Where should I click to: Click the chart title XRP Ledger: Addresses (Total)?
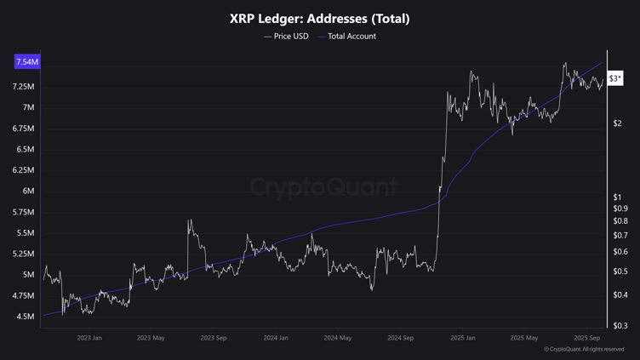(x=319, y=18)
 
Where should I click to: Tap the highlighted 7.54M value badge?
(x=27, y=62)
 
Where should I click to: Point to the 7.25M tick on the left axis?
(x=24, y=87)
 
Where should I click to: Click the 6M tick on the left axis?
(x=28, y=191)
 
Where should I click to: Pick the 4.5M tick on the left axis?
(x=25, y=317)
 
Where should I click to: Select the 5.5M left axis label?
(x=25, y=233)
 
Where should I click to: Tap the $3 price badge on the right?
(x=615, y=78)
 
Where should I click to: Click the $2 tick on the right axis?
(x=617, y=123)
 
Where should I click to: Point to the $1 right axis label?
(x=617, y=197)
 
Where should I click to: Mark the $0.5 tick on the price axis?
(x=620, y=272)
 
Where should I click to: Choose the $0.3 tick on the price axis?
(x=620, y=326)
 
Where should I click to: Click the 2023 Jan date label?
(x=89, y=338)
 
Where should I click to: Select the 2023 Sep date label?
(x=214, y=338)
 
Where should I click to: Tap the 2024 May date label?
(x=338, y=338)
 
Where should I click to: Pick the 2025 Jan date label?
(x=463, y=338)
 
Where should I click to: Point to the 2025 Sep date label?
(x=587, y=338)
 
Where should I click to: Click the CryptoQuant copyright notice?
(x=585, y=350)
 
